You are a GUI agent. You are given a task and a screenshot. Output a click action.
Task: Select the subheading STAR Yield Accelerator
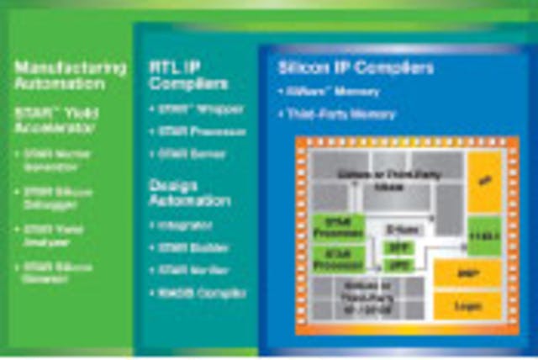[55, 119]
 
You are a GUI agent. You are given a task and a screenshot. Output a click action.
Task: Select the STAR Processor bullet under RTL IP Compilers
[194, 131]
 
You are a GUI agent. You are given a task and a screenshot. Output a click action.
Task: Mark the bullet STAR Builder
[189, 247]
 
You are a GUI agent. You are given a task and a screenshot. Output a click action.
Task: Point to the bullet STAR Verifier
[191, 270]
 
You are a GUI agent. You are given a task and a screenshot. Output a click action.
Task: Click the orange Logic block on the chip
[468, 308]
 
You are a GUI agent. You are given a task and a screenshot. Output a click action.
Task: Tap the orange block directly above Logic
[468, 273]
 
